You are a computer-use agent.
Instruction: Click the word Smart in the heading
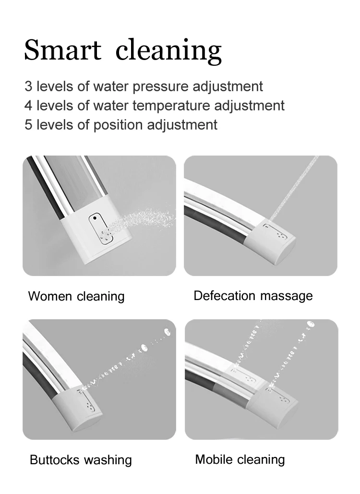(x=63, y=49)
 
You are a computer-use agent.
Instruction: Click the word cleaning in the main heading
(x=169, y=51)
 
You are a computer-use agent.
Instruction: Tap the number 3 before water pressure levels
(x=28, y=86)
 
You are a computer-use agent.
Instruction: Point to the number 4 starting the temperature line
(x=28, y=106)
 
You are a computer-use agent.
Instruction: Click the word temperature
(x=171, y=106)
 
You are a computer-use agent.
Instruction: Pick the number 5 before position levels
(x=28, y=125)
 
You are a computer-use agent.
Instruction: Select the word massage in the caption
(x=287, y=297)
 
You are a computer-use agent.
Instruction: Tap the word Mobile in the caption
(x=214, y=459)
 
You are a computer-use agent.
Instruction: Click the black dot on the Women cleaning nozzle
(x=95, y=218)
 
